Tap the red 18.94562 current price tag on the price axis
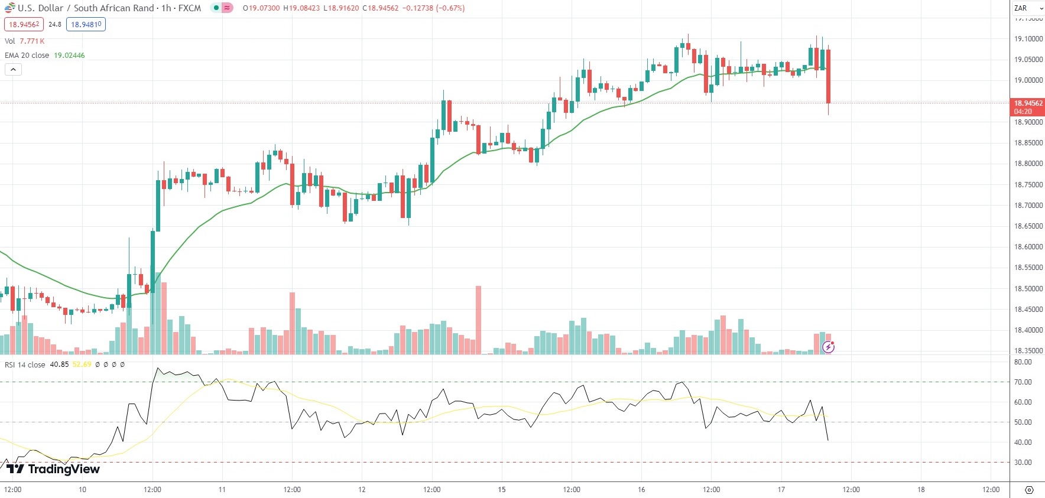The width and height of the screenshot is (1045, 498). [x=1028, y=103]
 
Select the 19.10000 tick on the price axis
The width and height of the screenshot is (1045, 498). [x=1028, y=39]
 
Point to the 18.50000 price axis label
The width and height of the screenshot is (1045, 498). [x=1028, y=289]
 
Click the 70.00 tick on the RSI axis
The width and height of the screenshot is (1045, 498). [x=1023, y=382]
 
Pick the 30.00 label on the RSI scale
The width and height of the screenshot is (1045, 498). [x=1023, y=463]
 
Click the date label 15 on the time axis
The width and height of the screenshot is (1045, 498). [x=502, y=490]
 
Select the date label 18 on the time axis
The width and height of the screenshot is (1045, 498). [x=921, y=490]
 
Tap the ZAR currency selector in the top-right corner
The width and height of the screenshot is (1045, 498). [x=1028, y=8]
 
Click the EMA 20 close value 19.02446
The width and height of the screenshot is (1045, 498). [x=69, y=56]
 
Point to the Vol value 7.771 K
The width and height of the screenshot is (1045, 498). [x=32, y=41]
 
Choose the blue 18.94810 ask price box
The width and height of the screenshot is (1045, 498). [x=86, y=25]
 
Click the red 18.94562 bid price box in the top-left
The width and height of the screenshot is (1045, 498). [x=24, y=25]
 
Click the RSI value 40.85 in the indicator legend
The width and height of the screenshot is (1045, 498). [x=59, y=364]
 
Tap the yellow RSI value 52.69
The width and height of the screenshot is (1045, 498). [x=82, y=364]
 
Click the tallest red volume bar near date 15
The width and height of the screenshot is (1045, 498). [x=478, y=319]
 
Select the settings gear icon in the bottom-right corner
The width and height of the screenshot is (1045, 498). [x=1029, y=490]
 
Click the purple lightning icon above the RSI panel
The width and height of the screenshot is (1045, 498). [x=829, y=347]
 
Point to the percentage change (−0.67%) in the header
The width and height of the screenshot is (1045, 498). [x=450, y=8]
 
